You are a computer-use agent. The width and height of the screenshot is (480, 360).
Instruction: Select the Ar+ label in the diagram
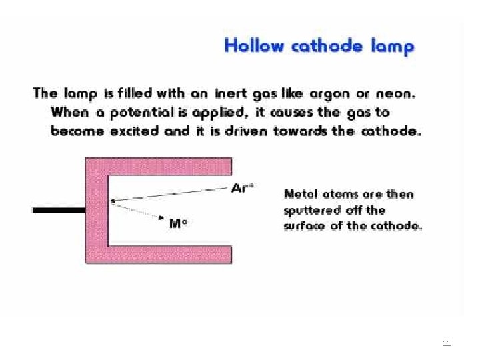241,188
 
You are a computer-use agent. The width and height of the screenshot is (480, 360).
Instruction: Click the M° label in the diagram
177,225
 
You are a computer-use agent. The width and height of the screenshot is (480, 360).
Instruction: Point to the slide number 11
447,343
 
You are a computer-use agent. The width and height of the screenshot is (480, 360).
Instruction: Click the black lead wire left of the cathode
59,210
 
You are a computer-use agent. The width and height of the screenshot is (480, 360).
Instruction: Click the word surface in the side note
304,226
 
